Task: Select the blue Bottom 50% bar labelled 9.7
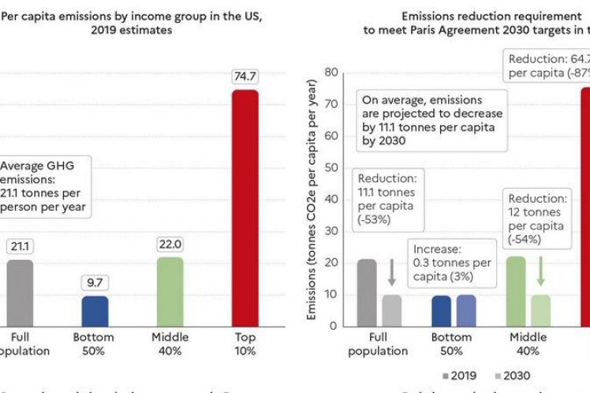95,310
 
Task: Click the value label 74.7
245,77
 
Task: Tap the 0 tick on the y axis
334,325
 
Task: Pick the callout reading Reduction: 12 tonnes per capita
537,218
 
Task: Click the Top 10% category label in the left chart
245,344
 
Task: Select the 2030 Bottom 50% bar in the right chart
465,310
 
